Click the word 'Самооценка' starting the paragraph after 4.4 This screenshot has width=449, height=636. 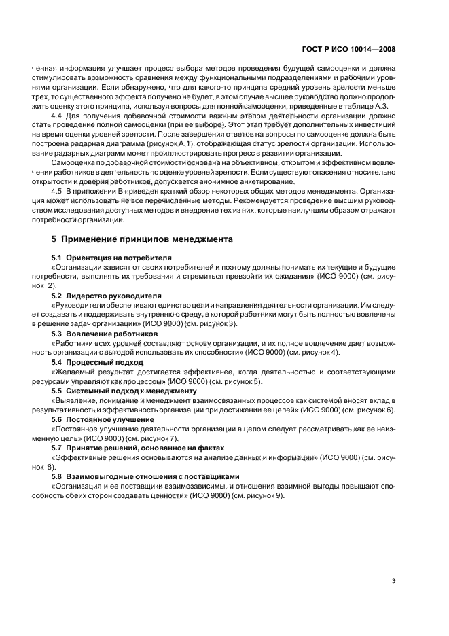[73, 172]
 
